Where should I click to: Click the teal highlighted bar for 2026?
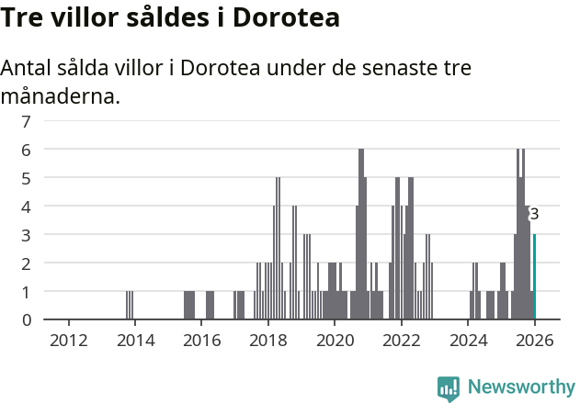[x=534, y=277]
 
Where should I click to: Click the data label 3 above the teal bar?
[x=534, y=214]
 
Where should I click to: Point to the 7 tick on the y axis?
[x=27, y=120]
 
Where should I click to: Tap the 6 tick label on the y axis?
[x=27, y=149]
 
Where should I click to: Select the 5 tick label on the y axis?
[x=27, y=177]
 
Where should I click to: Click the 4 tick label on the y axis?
[x=27, y=206]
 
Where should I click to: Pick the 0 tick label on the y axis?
[x=27, y=319]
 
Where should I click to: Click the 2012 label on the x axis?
[x=69, y=340]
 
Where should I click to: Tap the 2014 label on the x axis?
[x=135, y=340]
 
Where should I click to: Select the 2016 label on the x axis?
[x=202, y=340]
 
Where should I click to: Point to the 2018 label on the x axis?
[x=268, y=340]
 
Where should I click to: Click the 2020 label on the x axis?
[x=335, y=340]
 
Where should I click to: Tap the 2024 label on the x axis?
[x=468, y=340]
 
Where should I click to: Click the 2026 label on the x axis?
[x=534, y=340]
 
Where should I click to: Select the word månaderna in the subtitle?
[x=61, y=95]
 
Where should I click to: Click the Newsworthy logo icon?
[x=449, y=387]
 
